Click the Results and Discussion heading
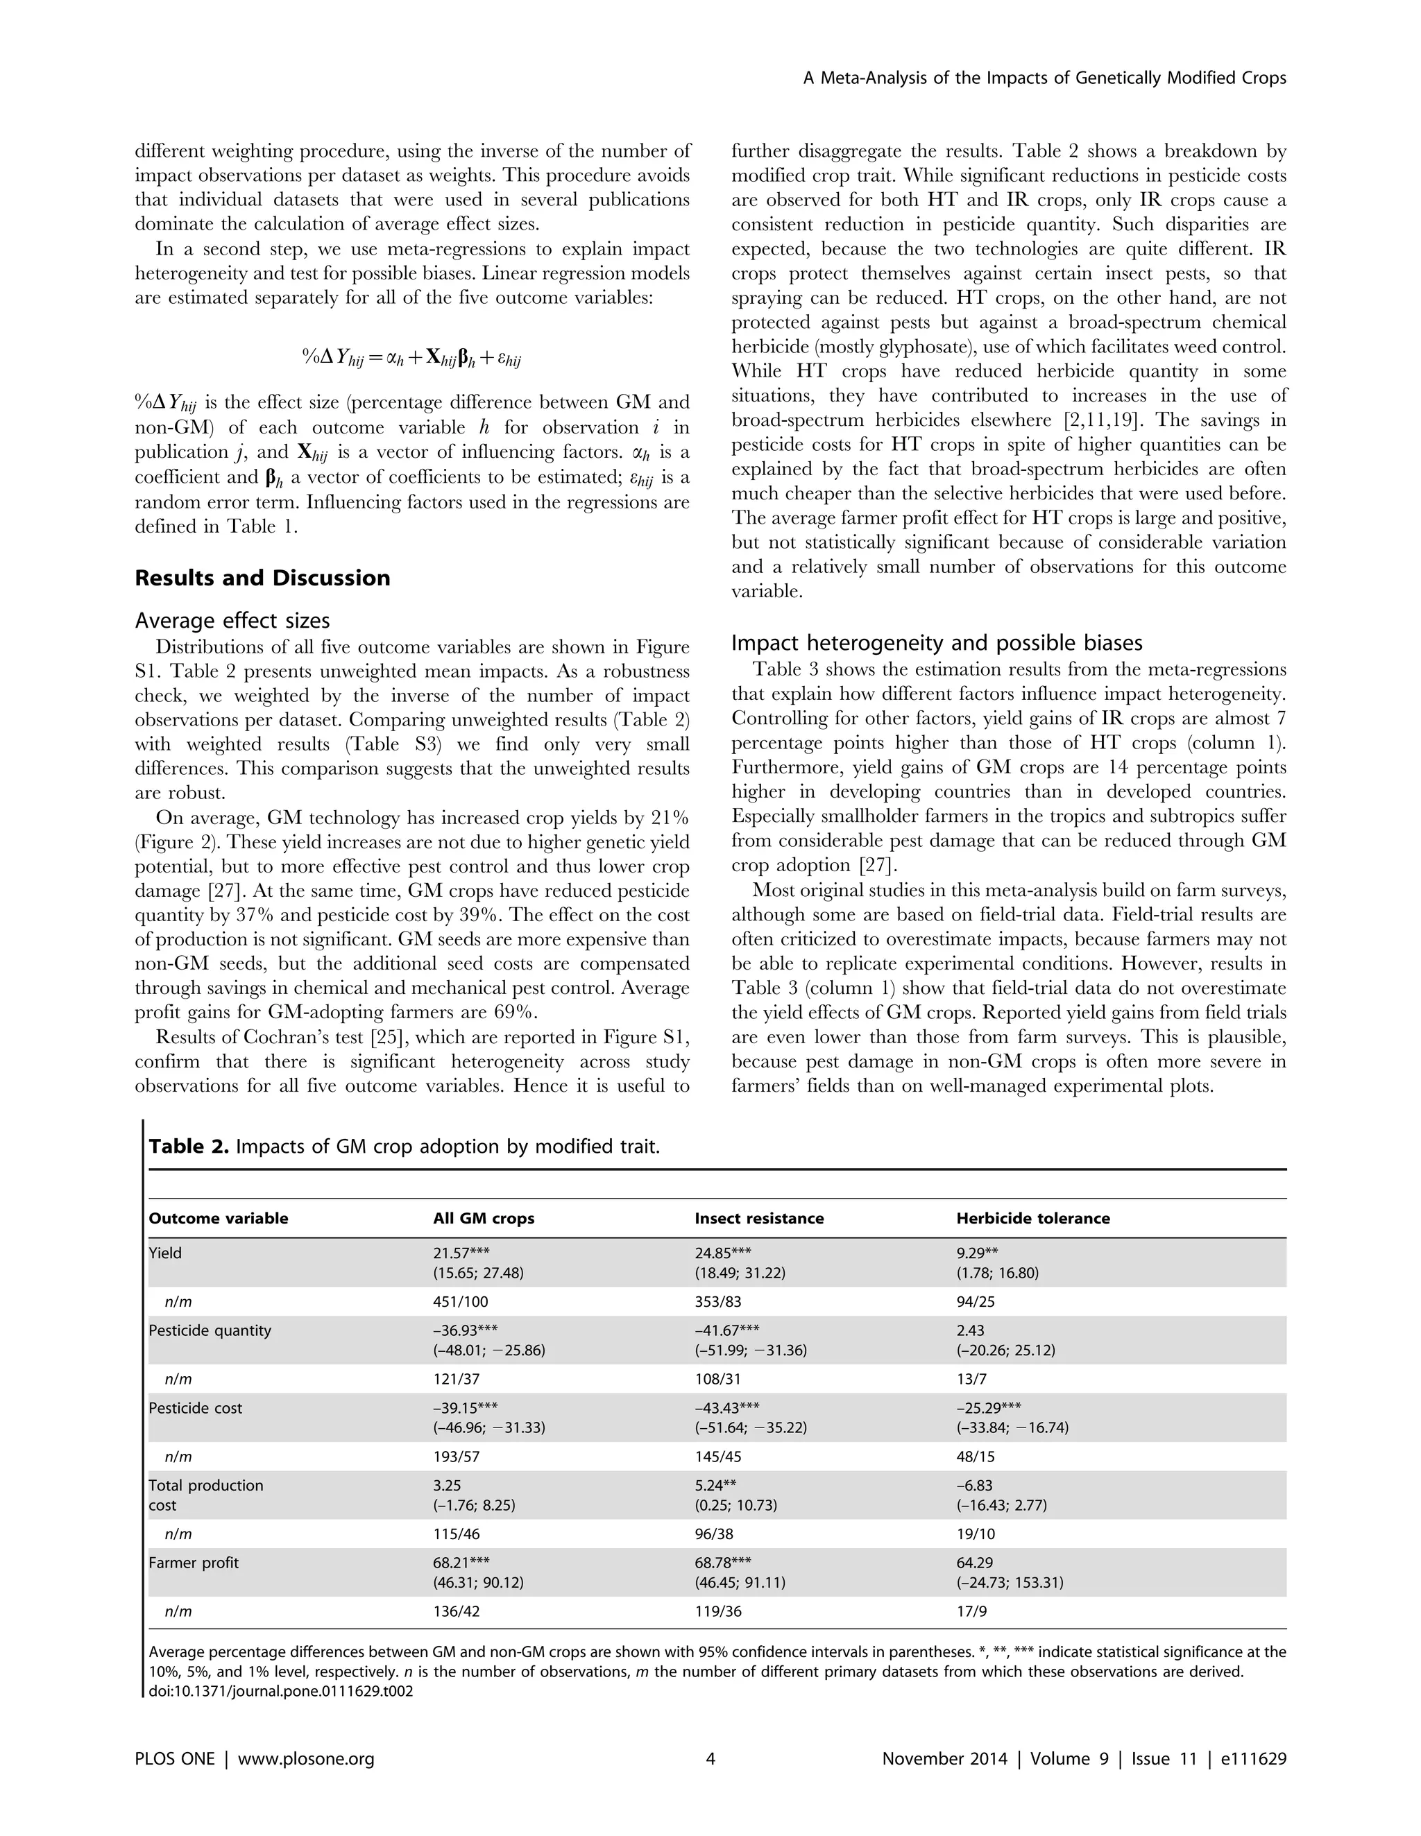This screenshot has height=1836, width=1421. tap(262, 578)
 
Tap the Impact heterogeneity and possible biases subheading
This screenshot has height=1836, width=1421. tap(937, 643)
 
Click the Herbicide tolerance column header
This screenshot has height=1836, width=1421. tap(1032, 1218)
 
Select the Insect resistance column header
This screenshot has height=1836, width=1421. tap(758, 1218)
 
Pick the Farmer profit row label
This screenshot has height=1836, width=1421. tap(194, 1563)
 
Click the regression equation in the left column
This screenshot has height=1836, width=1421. tap(412, 357)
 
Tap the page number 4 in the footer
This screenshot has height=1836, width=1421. tap(710, 1758)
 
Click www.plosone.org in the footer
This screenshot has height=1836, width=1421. tap(306, 1758)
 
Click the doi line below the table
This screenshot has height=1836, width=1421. tap(281, 1692)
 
